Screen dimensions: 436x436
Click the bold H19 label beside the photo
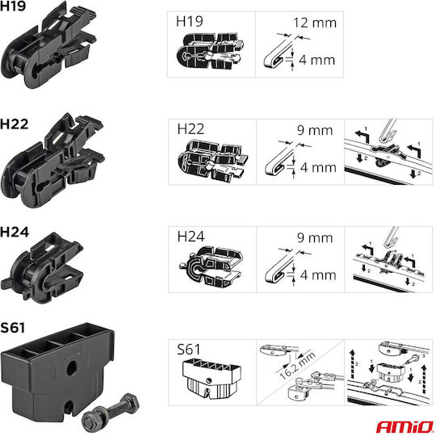point(13,6)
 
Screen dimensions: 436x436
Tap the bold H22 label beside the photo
point(15,124)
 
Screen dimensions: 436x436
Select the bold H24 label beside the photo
point(15,232)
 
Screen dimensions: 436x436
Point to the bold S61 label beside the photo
point(12,328)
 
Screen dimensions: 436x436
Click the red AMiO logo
point(405,426)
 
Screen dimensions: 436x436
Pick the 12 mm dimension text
point(315,23)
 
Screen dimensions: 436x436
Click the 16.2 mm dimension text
point(297,365)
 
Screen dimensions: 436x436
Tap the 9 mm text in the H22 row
point(315,130)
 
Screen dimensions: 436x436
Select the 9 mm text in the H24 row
point(315,237)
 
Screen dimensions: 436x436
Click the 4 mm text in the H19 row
point(317,60)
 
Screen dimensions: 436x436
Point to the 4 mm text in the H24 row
point(318,275)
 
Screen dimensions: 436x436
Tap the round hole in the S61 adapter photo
point(73,369)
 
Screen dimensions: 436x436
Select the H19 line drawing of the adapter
point(210,52)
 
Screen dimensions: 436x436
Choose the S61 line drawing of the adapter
point(212,379)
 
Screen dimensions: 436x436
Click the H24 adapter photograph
point(42,267)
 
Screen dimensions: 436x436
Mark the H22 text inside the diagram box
point(191,129)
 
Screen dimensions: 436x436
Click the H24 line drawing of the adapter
point(211,266)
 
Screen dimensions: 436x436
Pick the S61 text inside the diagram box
point(188,350)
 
